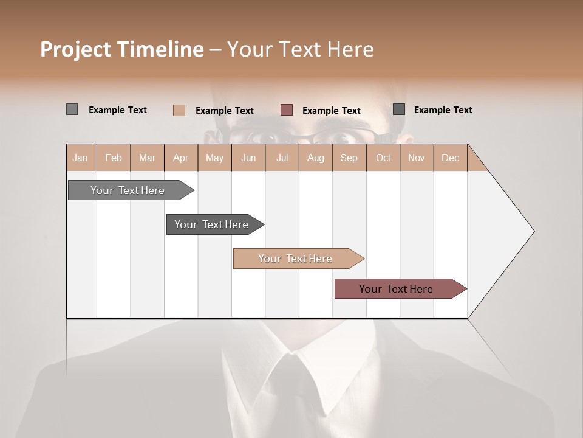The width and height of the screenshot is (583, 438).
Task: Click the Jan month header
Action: click(80, 158)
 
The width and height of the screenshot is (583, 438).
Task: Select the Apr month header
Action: click(181, 158)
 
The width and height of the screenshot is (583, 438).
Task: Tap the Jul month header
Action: click(282, 158)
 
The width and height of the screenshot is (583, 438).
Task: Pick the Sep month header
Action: click(349, 158)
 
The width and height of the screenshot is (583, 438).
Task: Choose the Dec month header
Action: click(450, 158)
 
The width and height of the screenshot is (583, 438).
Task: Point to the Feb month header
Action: click(114, 158)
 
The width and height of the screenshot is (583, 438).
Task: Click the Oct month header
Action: click(383, 158)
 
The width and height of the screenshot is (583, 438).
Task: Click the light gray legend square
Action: click(72, 109)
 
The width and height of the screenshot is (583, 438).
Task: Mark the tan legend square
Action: click(179, 110)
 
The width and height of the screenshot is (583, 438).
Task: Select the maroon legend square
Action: click(287, 110)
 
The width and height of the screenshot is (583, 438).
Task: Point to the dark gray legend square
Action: click(399, 109)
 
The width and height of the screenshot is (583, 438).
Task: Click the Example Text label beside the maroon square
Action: click(332, 111)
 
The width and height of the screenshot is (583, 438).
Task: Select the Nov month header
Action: click(417, 158)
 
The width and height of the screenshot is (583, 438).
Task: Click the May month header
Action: click(214, 158)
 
